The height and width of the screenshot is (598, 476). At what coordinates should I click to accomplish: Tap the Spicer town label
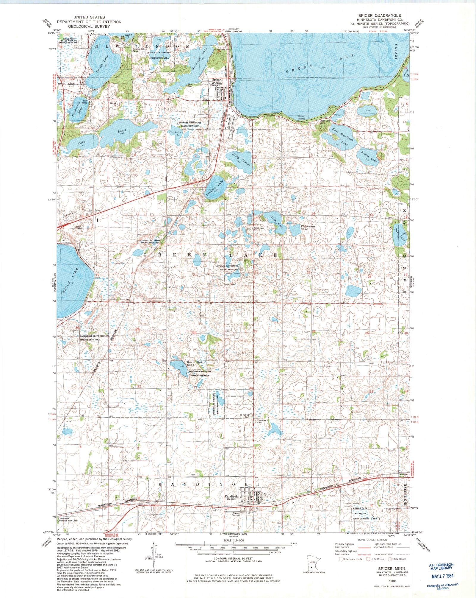pyautogui.click(x=216, y=80)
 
